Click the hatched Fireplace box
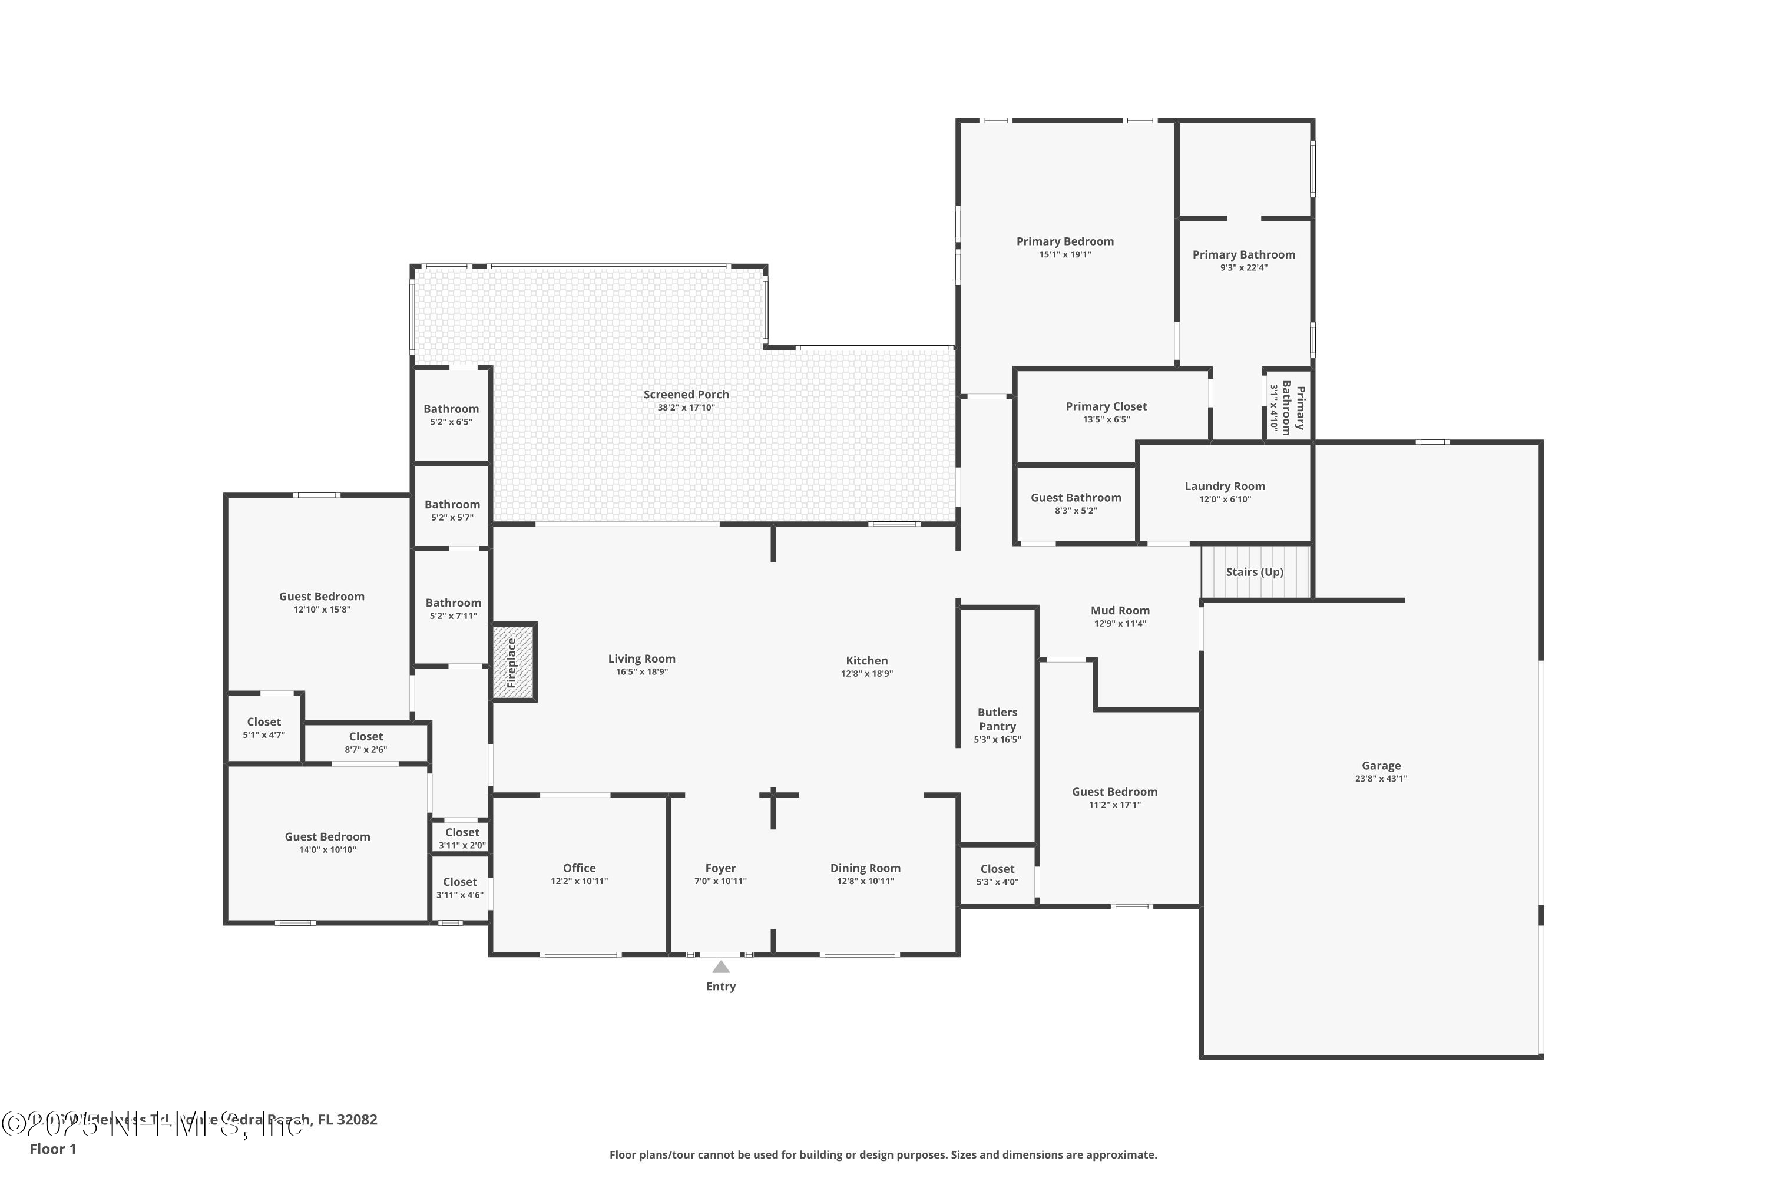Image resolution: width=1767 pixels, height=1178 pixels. [x=513, y=663]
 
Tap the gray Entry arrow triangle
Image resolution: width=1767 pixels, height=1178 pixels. [x=720, y=967]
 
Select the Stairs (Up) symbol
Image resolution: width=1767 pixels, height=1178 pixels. [x=1255, y=572]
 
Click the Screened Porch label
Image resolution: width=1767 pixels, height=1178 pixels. [x=686, y=395]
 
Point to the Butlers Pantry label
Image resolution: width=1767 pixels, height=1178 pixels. [x=997, y=719]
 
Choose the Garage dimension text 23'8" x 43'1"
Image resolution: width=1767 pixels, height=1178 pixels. [x=1381, y=779]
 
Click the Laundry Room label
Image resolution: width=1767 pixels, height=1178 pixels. [x=1225, y=486]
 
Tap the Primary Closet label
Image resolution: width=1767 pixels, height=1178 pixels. [x=1106, y=406]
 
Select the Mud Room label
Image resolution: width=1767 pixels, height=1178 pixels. [x=1120, y=611]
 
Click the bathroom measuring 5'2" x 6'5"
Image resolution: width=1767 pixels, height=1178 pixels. [x=451, y=415]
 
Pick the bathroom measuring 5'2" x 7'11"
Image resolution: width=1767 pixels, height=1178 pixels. [x=453, y=608]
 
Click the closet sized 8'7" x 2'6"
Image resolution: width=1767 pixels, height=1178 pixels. [x=366, y=742]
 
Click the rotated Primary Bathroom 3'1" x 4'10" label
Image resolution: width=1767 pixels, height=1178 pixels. [x=1288, y=407]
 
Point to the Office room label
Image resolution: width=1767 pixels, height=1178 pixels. [x=579, y=868]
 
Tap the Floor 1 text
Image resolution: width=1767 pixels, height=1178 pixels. [x=52, y=1149]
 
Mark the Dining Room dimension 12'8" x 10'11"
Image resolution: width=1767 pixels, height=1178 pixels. [x=865, y=881]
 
